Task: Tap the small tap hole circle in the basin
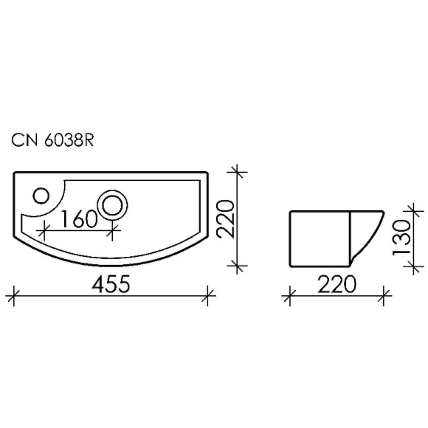point(41,196)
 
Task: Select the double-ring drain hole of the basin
point(113,203)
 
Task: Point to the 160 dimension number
point(79,220)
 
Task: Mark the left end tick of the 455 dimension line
point(13,297)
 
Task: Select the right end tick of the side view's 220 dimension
point(385,297)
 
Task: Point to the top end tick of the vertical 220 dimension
point(238,171)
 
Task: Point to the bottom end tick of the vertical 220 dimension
point(238,266)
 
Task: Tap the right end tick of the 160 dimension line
point(113,230)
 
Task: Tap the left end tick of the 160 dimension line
point(44,230)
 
